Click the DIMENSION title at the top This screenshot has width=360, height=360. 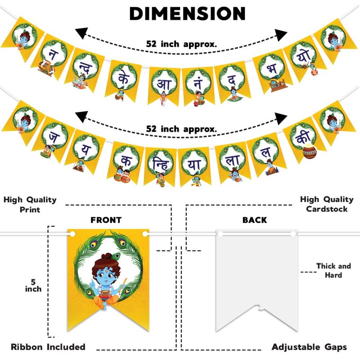coord(187,13)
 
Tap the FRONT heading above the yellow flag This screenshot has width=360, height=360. coord(106,220)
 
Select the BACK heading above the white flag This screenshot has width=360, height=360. coord(255,220)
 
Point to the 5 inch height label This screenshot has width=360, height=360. coord(33,285)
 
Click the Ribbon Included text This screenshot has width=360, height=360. coord(48,346)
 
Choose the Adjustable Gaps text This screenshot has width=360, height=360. coord(309,346)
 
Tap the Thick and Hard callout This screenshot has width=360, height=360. coord(333,270)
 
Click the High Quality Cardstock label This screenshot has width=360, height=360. coord(327,204)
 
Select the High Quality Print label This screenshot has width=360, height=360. coord(30,205)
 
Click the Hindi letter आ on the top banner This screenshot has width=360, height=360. coord(164,84)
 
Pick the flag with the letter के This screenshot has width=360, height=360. coord(123,80)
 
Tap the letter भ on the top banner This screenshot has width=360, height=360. coord(272,69)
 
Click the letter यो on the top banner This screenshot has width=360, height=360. coord(303,56)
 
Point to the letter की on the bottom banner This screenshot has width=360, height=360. coord(303,137)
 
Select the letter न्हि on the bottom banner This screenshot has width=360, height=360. coord(161,164)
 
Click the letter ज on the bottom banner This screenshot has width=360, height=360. coord(54,137)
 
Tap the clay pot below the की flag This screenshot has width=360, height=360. coord(310,152)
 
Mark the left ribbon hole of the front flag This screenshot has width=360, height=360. coord(72,234)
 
